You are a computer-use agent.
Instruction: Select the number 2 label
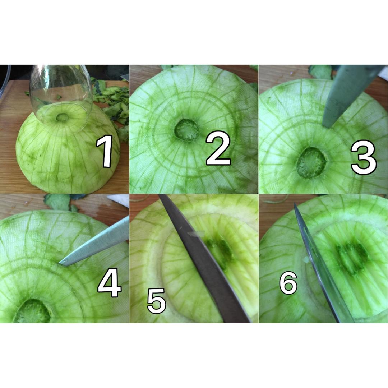pos(218,150)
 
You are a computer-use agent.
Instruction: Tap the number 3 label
pos(364,157)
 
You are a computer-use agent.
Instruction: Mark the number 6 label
pos(288,283)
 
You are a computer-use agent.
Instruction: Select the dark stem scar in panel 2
pos(187,130)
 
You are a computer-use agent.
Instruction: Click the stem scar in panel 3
pos(310,163)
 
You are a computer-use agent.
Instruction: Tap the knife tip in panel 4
pos(59,264)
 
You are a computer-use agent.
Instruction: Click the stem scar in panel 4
pos(32,311)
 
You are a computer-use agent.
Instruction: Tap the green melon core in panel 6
pos(352,257)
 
